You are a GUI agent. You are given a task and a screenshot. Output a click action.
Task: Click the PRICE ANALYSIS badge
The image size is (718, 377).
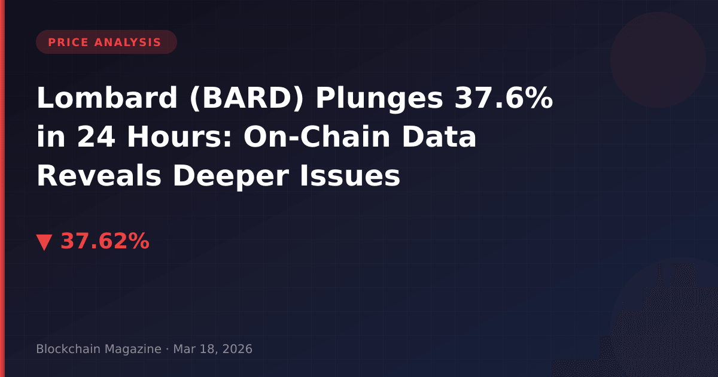pyautogui.click(x=107, y=42)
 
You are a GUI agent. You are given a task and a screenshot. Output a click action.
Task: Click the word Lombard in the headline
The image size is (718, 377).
pyautogui.click(x=107, y=98)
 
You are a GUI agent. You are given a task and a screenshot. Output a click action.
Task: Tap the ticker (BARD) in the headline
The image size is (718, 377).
pyautogui.click(x=247, y=98)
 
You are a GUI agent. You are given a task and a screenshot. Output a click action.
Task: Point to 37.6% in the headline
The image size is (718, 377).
pyautogui.click(x=504, y=98)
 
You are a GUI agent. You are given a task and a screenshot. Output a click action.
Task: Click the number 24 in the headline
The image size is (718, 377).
pyautogui.click(x=96, y=137)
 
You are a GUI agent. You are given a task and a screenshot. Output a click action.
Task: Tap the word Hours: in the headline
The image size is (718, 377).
pyautogui.click(x=179, y=136)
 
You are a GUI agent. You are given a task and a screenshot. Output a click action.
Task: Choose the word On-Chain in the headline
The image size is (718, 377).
pyautogui.click(x=317, y=136)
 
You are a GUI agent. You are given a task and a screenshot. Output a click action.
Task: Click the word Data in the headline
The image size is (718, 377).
pyautogui.click(x=439, y=136)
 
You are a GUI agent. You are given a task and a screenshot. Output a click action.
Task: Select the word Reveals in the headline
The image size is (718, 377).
pyautogui.click(x=99, y=175)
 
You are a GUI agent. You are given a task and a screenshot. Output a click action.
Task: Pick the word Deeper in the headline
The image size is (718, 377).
pyautogui.click(x=231, y=177)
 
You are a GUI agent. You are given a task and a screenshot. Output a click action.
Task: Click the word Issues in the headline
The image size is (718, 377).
pyautogui.click(x=350, y=175)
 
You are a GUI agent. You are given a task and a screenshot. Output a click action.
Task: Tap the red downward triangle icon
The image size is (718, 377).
pyautogui.click(x=44, y=242)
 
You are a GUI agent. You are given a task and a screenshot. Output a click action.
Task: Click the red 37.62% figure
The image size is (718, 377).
pyautogui.click(x=105, y=241)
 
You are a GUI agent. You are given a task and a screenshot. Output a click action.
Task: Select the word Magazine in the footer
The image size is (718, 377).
pyautogui.click(x=133, y=349)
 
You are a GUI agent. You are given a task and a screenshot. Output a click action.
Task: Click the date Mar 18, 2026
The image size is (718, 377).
pyautogui.click(x=213, y=349)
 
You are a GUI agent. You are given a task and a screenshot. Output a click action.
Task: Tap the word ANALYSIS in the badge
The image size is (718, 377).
pyautogui.click(x=127, y=42)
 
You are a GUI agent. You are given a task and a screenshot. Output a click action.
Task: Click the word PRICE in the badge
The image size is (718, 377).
pyautogui.click(x=68, y=42)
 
